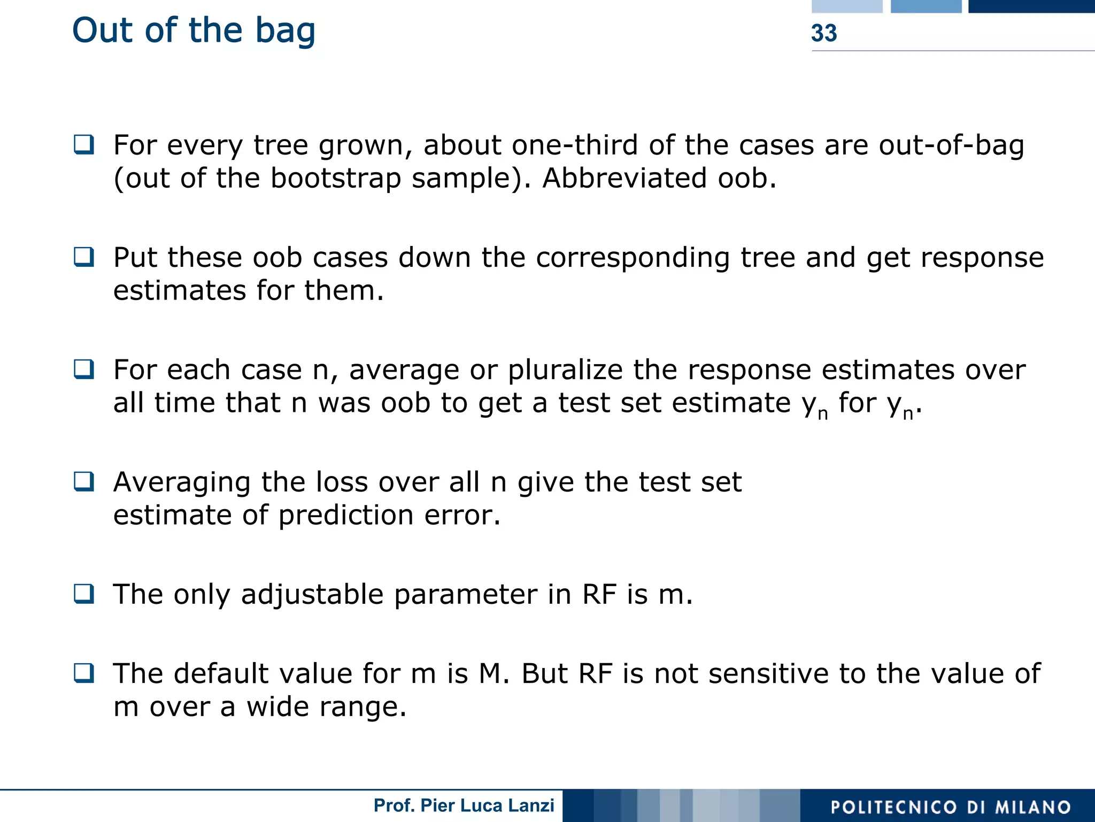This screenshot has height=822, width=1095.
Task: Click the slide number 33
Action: pyautogui.click(x=823, y=33)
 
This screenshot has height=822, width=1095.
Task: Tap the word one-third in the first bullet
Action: pyautogui.click(x=575, y=145)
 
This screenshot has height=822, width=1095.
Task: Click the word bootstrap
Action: pyautogui.click(x=336, y=178)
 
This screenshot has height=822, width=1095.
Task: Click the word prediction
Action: pyautogui.click(x=346, y=515)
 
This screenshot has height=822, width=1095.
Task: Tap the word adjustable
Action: pyautogui.click(x=312, y=594)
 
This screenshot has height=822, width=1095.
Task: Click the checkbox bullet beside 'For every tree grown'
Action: pyautogui.click(x=84, y=145)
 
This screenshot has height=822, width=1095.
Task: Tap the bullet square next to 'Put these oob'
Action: pyautogui.click(x=84, y=257)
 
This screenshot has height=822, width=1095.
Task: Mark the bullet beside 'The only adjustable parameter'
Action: pyautogui.click(x=84, y=594)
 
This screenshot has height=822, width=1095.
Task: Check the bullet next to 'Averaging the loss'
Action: pyautogui.click(x=84, y=482)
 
